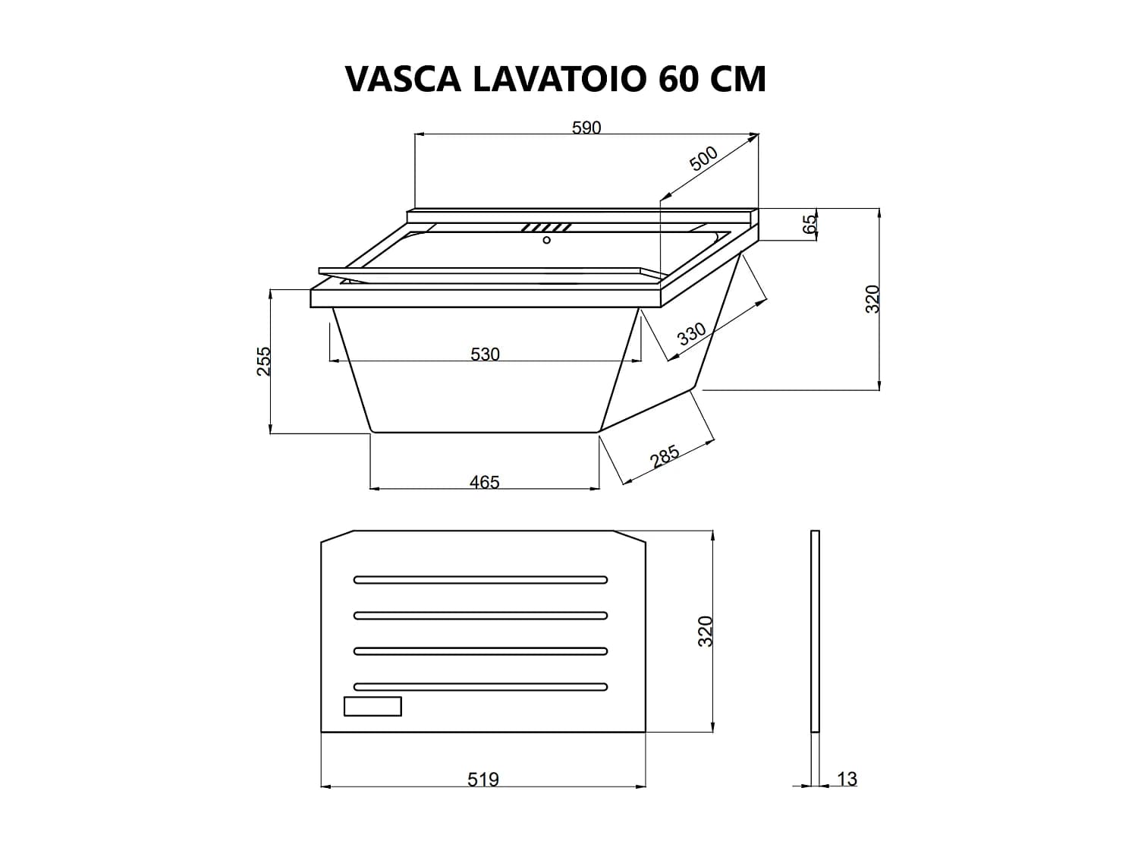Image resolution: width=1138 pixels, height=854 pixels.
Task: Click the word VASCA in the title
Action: click(403, 80)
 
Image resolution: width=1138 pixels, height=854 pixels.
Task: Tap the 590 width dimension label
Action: click(586, 128)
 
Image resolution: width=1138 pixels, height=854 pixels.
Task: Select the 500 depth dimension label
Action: click(703, 159)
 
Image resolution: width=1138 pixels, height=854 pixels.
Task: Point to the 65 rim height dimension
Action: click(809, 224)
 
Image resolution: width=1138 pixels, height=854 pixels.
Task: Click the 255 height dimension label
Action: click(264, 361)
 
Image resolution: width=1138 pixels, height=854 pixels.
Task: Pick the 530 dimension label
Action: click(485, 355)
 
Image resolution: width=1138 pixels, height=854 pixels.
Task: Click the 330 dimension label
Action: click(692, 333)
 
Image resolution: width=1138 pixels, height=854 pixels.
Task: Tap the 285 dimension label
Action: click(664, 455)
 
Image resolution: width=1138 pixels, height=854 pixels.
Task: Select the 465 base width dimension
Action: click(484, 482)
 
